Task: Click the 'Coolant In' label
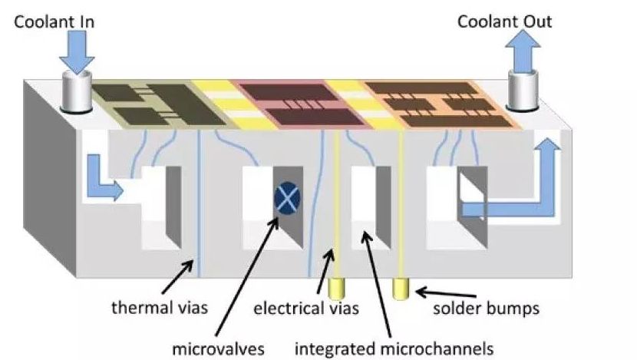point(54,21)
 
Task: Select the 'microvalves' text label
point(217,349)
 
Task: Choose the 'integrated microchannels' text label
point(394,349)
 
